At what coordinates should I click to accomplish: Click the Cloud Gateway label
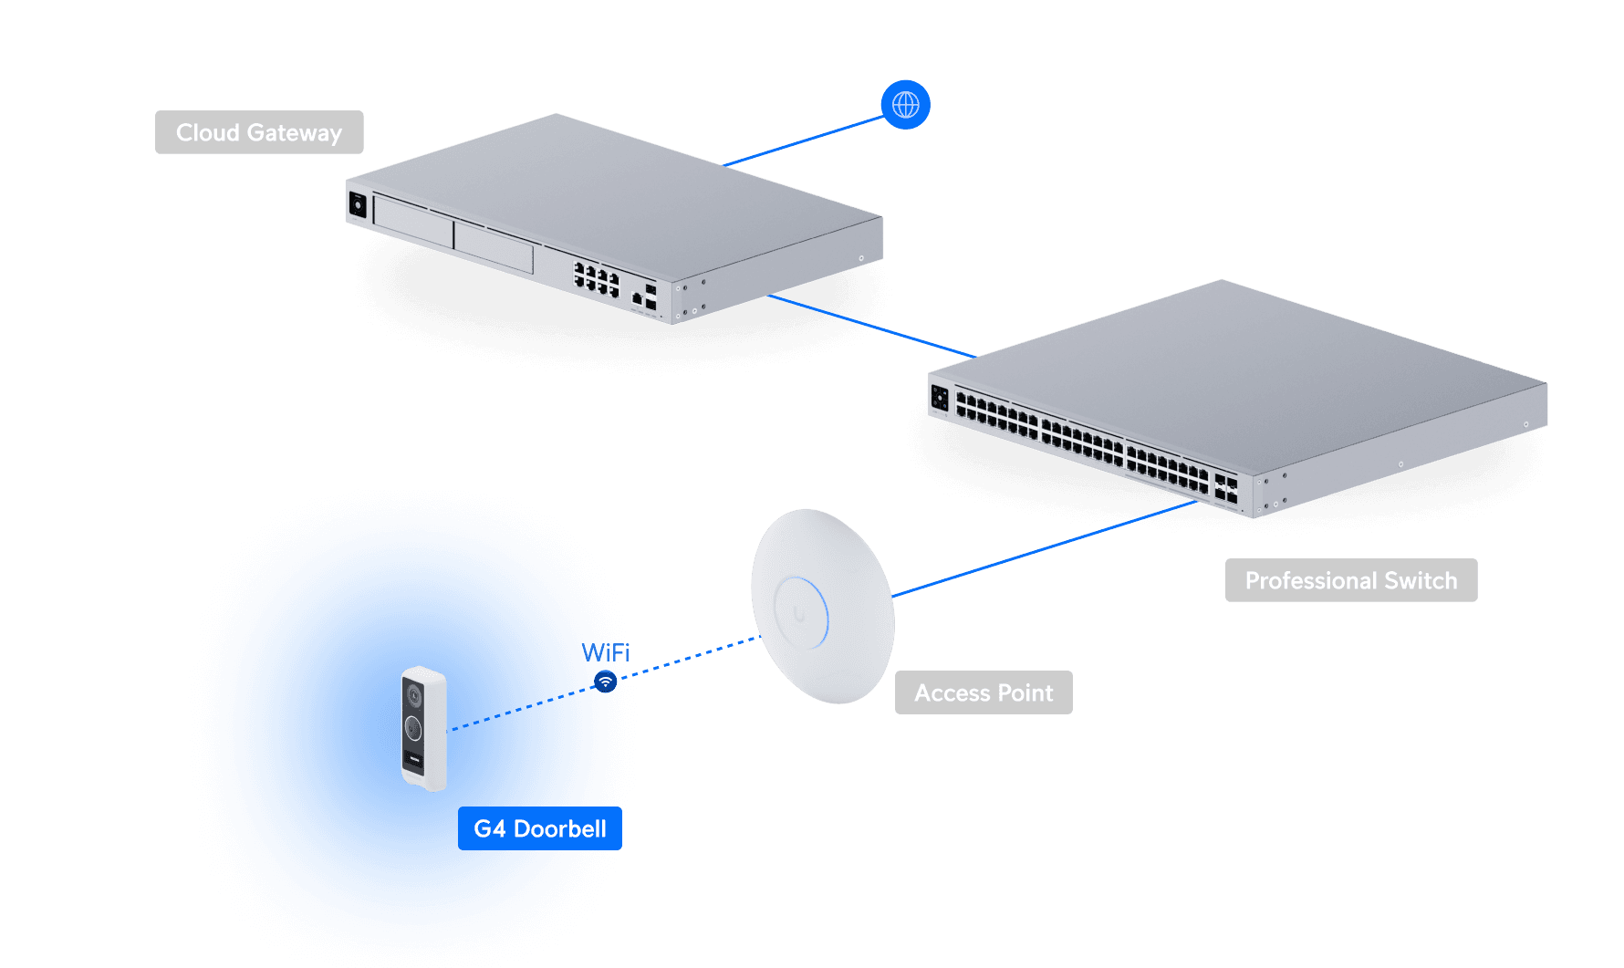tap(259, 132)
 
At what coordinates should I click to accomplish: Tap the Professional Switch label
tap(1350, 580)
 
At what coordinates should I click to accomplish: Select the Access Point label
tap(984, 692)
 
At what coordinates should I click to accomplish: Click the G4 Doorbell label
tap(540, 828)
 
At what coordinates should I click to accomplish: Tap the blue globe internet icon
tap(905, 105)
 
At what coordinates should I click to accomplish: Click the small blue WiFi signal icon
tap(605, 682)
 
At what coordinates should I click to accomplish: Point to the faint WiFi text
tap(605, 652)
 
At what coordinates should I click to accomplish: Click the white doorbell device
tap(424, 728)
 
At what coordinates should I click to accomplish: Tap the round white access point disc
tap(822, 606)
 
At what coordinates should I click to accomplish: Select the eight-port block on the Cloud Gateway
tap(596, 278)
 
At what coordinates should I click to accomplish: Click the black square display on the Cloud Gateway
tap(358, 204)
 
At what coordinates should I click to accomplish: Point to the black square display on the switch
tap(940, 399)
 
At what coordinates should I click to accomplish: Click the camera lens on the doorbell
tap(413, 697)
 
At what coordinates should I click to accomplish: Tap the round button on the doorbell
tap(413, 728)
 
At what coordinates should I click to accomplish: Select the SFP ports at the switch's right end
tap(1225, 487)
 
